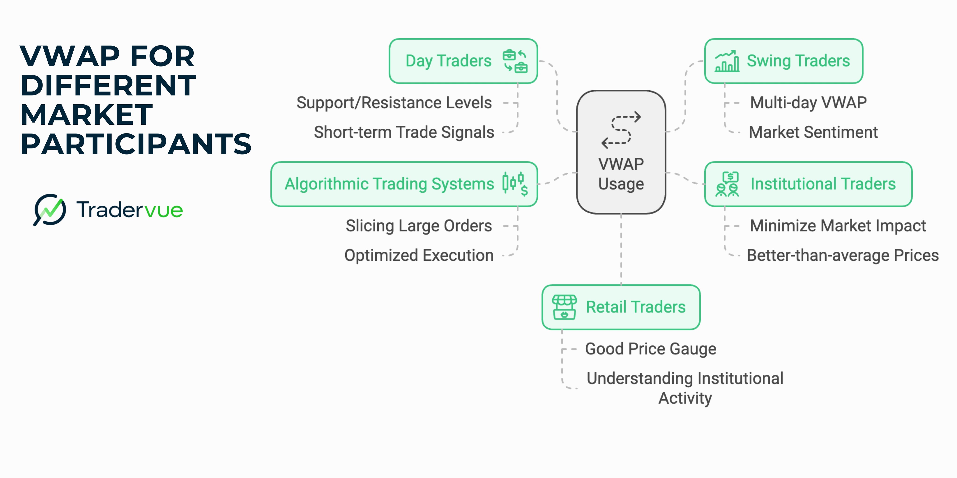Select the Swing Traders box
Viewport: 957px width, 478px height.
click(x=783, y=61)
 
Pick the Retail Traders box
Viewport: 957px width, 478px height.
click(x=621, y=307)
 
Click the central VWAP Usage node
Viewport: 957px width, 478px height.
click(x=621, y=152)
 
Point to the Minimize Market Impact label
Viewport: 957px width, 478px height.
click(x=838, y=226)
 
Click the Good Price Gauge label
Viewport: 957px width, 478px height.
click(x=650, y=349)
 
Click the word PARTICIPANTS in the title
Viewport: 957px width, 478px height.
click(x=136, y=144)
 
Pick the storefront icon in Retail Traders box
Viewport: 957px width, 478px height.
click(x=564, y=307)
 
